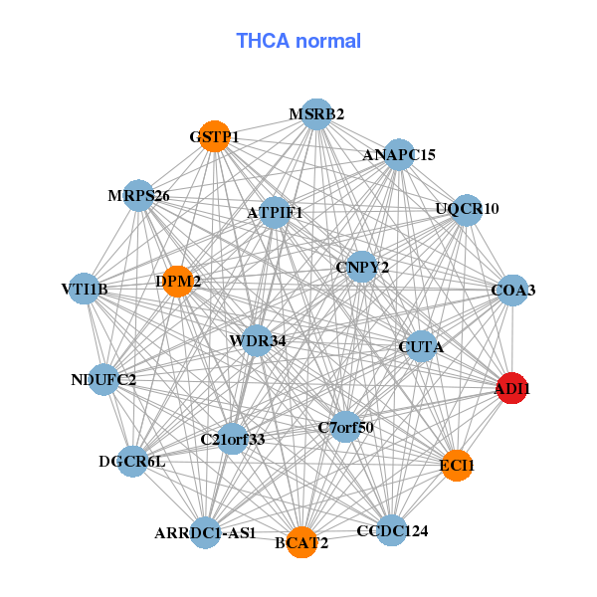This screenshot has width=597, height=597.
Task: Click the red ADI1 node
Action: (512, 389)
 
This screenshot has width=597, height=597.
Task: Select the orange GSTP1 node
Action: (214, 136)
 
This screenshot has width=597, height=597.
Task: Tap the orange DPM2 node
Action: (178, 282)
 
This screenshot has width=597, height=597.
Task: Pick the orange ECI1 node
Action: (457, 465)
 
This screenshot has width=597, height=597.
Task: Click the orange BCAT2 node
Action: (301, 542)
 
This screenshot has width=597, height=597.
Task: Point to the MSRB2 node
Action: (316, 113)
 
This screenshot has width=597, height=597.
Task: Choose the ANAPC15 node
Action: (399, 154)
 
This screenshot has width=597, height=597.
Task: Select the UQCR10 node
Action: (467, 209)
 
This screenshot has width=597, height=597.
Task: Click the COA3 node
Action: (512, 290)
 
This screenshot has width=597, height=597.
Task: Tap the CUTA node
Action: (421, 347)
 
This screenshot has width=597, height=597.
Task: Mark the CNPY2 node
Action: (362, 267)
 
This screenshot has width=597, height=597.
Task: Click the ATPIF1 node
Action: (275, 212)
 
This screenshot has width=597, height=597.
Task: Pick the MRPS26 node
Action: (139, 196)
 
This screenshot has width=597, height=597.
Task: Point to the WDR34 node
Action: (257, 341)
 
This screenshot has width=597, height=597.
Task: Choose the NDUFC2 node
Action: (103, 379)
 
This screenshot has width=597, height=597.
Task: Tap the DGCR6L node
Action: (132, 461)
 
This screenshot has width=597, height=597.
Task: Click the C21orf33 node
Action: (232, 439)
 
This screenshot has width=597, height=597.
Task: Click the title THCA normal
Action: (298, 41)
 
